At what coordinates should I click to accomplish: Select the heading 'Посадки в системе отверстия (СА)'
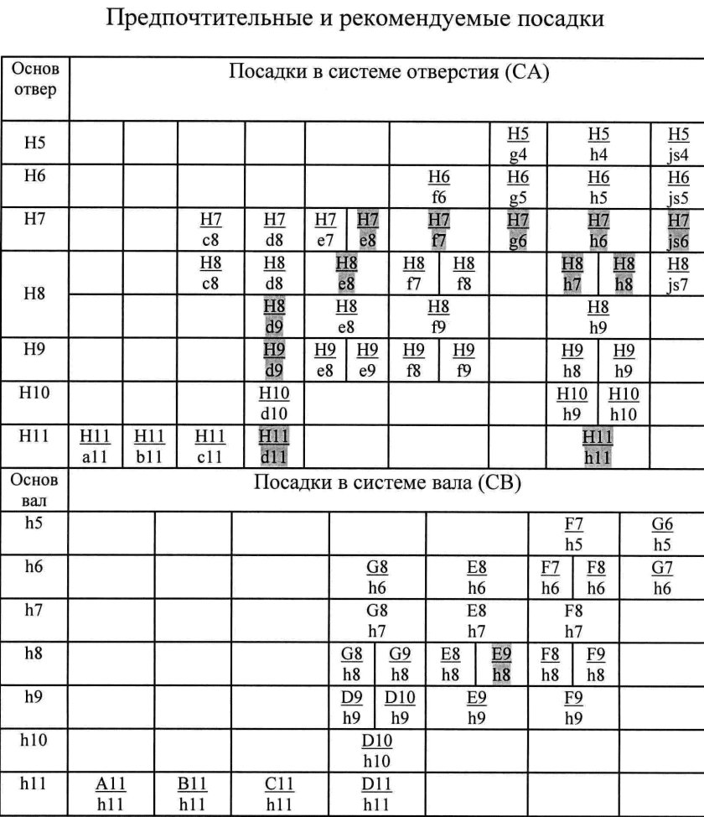[388, 73]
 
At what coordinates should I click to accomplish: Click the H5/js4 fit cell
[678, 143]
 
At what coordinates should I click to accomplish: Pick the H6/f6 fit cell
[438, 187]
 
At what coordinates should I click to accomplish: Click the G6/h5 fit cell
[662, 534]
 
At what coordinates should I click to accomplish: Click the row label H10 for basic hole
[35, 394]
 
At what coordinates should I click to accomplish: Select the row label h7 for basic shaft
[34, 610]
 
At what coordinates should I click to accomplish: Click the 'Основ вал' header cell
[34, 491]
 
